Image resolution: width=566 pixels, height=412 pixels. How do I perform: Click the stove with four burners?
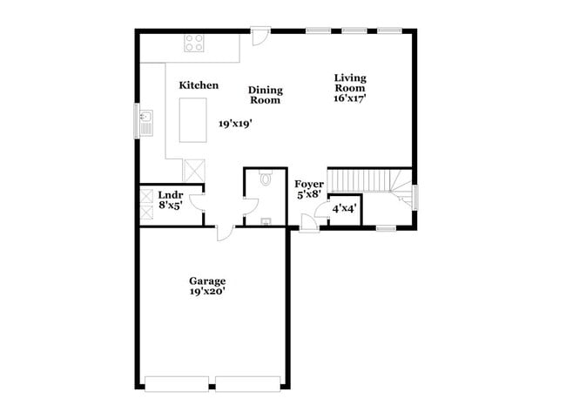(x=194, y=43)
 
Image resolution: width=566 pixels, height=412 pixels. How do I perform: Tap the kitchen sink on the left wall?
(x=146, y=120)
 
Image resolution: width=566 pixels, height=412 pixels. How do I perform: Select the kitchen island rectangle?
(x=192, y=119)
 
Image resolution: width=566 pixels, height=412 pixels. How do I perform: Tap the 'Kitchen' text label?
(x=199, y=85)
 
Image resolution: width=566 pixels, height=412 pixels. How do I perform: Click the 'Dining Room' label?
(x=265, y=95)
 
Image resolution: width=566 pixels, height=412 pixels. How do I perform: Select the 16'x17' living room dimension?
(x=350, y=99)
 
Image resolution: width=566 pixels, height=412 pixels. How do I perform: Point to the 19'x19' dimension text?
(x=235, y=125)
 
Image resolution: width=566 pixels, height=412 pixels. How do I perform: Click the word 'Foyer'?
(x=309, y=185)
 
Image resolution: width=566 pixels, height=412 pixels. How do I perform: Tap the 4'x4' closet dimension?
(x=344, y=208)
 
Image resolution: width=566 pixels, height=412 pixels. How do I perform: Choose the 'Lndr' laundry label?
(x=170, y=195)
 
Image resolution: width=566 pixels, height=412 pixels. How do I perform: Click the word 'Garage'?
(x=207, y=280)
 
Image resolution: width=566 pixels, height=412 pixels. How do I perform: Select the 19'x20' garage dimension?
(x=207, y=293)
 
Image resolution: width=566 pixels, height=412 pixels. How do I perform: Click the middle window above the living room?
(x=354, y=30)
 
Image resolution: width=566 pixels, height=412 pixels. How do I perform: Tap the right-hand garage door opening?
(x=248, y=382)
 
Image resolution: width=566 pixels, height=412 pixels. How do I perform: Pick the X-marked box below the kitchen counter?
(x=192, y=168)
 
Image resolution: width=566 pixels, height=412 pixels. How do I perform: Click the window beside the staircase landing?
(x=415, y=196)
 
